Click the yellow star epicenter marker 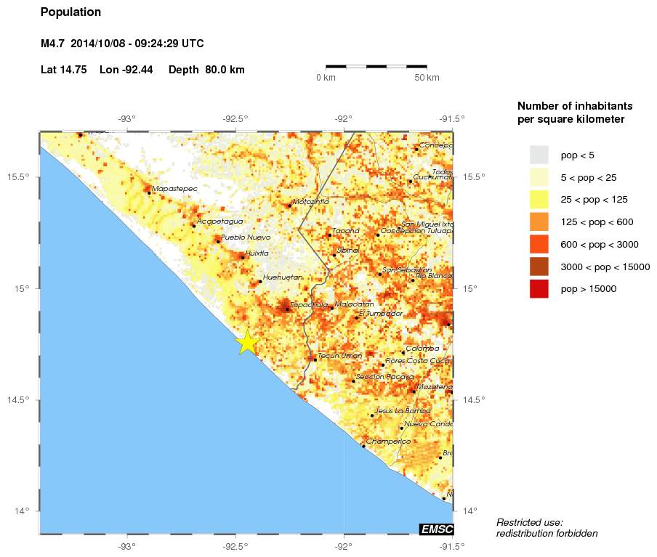[247, 341]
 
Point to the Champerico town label [388, 441]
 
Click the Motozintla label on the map [310, 201]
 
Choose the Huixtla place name [257, 253]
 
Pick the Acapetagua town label [220, 221]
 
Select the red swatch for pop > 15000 [539, 289]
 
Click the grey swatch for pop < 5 [539, 155]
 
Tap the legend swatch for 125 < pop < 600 [539, 221]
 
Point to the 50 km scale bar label [427, 77]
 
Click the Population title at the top [70, 12]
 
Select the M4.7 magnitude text [53, 44]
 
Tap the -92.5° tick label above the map [235, 118]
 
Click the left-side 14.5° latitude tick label [20, 400]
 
